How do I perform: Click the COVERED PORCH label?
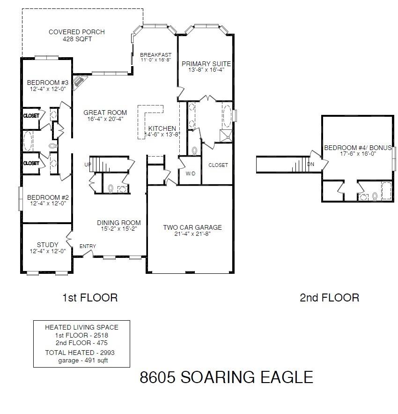click(77, 32)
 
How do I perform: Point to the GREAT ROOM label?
click(105, 113)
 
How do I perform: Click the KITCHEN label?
click(162, 128)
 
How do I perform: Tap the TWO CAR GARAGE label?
click(192, 227)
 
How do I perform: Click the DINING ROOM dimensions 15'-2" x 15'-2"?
click(118, 229)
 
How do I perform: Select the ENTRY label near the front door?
click(88, 246)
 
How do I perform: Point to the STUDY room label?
click(48, 245)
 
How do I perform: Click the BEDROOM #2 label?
click(46, 197)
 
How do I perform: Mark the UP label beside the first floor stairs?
click(88, 165)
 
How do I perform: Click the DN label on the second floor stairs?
click(310, 165)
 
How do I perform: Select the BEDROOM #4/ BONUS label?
click(358, 148)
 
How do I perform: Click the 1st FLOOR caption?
click(90, 297)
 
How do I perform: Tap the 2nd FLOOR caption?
click(330, 297)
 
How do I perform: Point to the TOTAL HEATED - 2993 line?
click(80, 353)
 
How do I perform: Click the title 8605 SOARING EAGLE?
click(226, 377)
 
